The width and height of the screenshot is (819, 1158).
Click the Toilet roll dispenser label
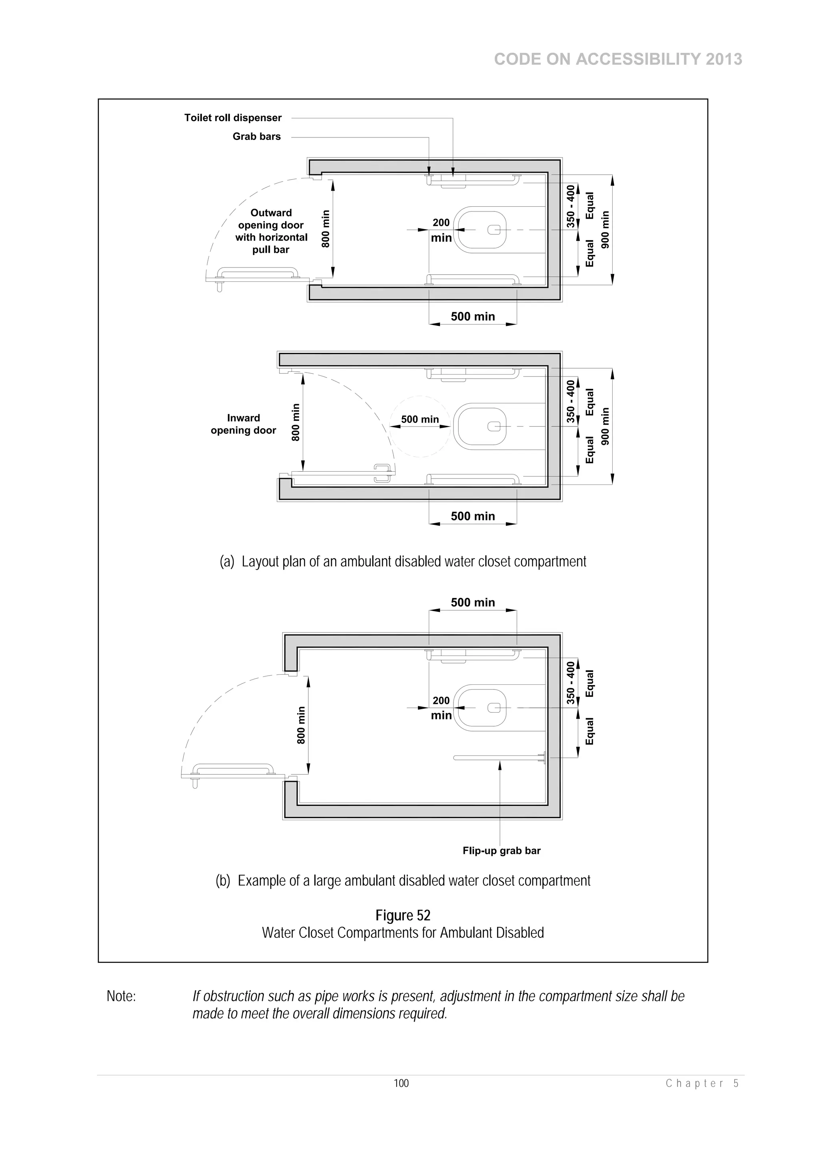pyautogui.click(x=233, y=118)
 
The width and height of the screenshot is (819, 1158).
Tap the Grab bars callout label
pyautogui.click(x=256, y=136)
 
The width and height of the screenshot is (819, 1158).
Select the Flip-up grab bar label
pyautogui.click(x=501, y=850)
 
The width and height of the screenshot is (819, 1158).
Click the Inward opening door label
pyautogui.click(x=243, y=424)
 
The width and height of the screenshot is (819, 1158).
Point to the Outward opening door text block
pyautogui.click(x=271, y=231)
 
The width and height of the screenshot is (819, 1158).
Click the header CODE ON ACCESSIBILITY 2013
pyautogui.click(x=618, y=60)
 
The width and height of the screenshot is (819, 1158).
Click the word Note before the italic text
pyautogui.click(x=121, y=996)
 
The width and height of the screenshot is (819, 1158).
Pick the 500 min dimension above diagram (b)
pyautogui.click(x=472, y=602)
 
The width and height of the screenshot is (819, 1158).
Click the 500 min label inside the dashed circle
pyautogui.click(x=420, y=419)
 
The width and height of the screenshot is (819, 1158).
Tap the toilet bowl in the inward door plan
pyautogui.click(x=480, y=427)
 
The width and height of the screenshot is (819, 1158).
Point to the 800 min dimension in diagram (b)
pyautogui.click(x=301, y=725)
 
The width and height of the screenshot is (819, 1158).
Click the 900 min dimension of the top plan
pyautogui.click(x=605, y=229)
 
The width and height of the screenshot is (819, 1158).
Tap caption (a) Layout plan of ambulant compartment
pyautogui.click(x=403, y=561)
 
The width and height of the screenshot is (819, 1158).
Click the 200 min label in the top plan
pyautogui.click(x=441, y=230)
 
